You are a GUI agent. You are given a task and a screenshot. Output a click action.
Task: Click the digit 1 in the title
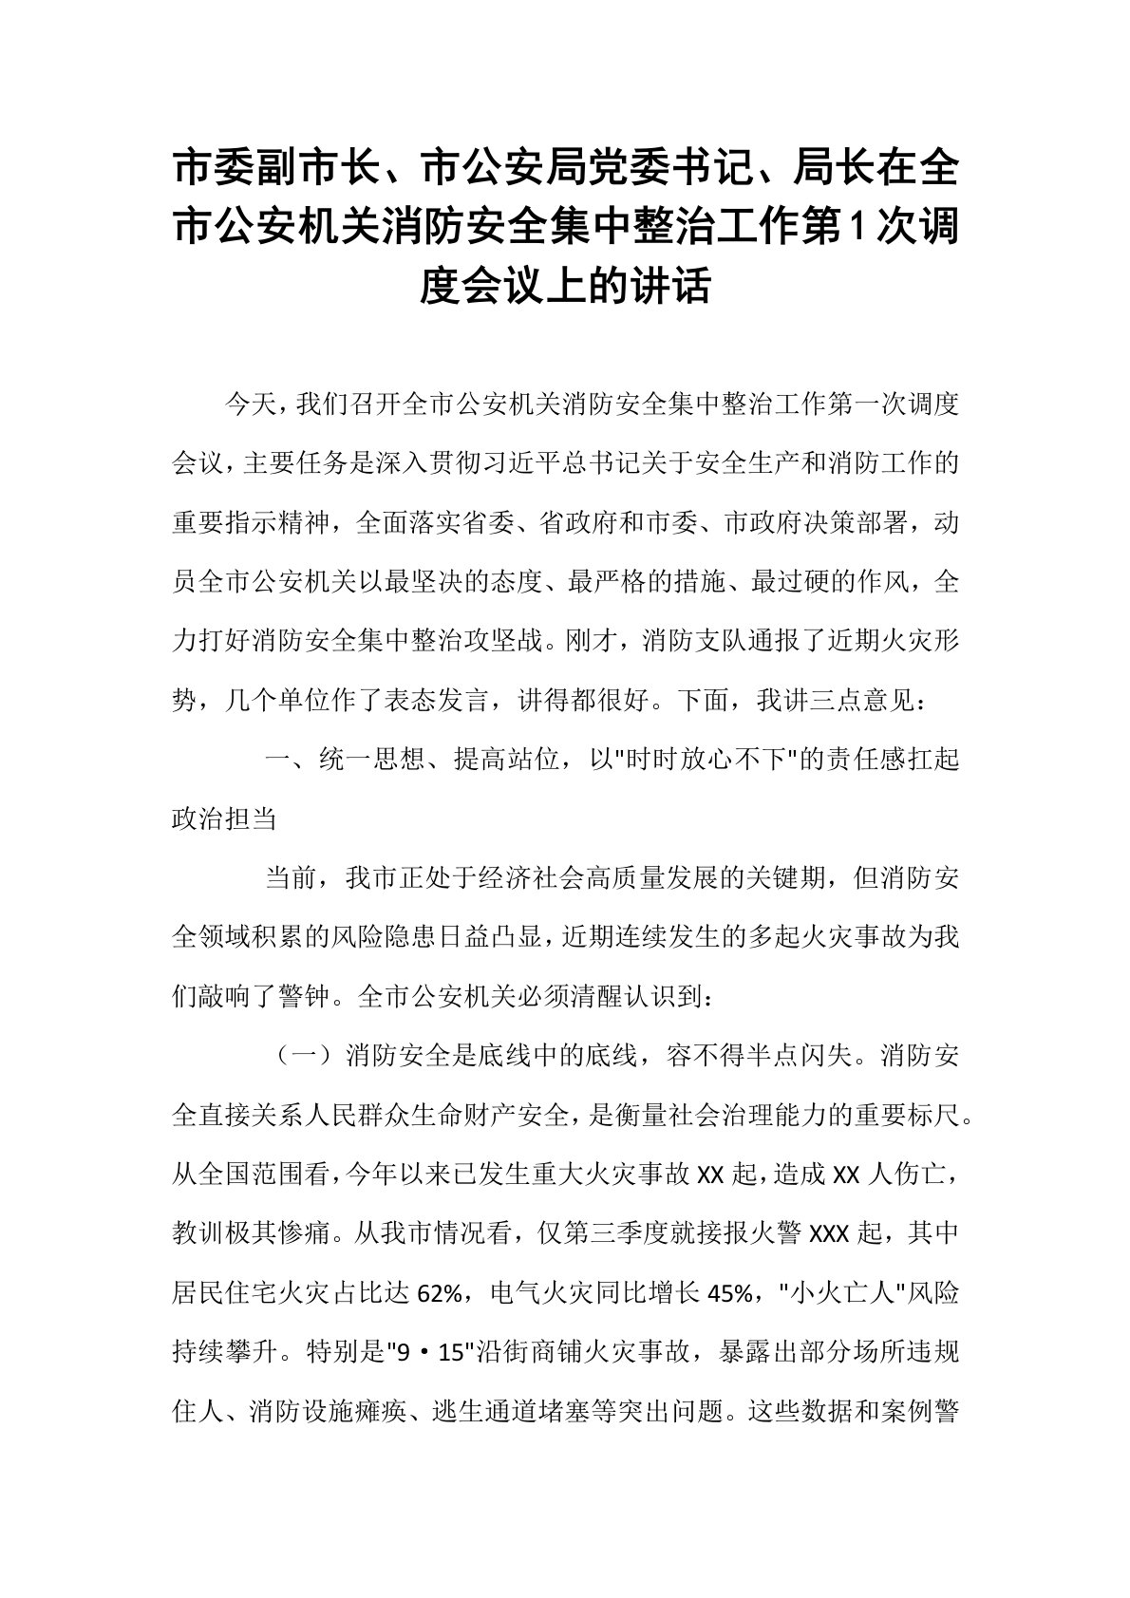pos(857,228)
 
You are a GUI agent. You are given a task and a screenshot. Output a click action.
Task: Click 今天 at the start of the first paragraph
pos(244,406)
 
